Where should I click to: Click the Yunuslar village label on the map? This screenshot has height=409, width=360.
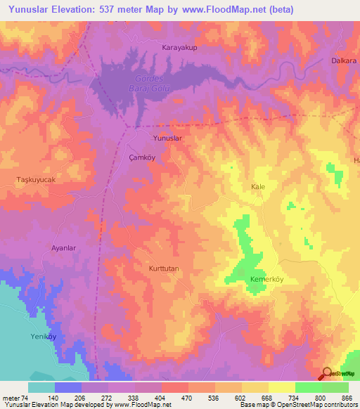(168, 138)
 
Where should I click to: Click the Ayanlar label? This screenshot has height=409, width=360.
(65, 248)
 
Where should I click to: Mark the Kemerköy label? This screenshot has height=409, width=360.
(266, 279)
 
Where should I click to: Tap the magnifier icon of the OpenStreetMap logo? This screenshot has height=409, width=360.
(328, 374)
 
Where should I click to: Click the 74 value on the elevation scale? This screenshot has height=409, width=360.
(25, 397)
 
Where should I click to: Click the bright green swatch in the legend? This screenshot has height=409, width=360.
(308, 387)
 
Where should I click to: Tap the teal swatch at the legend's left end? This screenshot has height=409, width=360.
(41, 387)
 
